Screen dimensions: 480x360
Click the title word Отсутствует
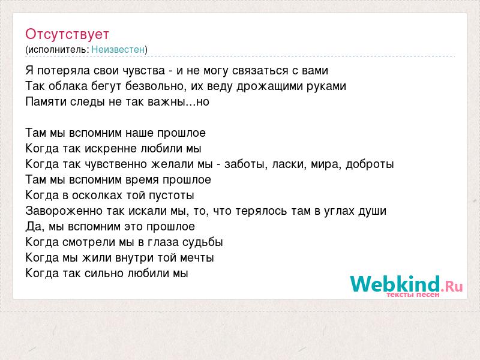(x=67, y=34)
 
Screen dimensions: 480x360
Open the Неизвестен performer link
(x=118, y=49)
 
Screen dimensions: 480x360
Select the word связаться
(x=260, y=71)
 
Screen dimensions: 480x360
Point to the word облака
(x=68, y=86)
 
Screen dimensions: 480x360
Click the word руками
(x=326, y=86)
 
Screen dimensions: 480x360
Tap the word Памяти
(x=46, y=101)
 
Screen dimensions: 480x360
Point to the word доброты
(x=370, y=164)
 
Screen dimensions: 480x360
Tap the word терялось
(x=261, y=211)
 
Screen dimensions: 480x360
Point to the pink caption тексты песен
(x=413, y=295)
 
